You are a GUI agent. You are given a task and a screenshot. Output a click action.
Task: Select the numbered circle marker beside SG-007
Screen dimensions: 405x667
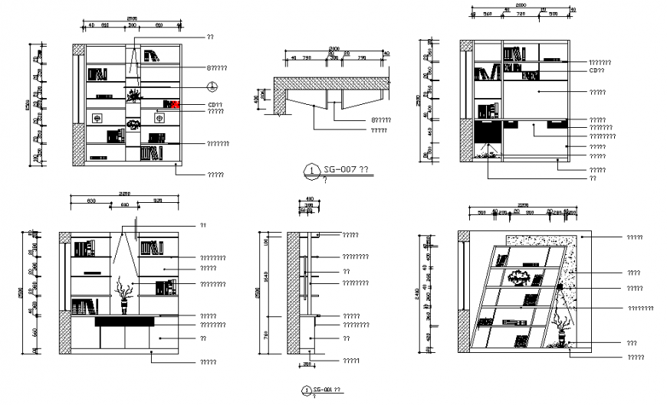pos(310,170)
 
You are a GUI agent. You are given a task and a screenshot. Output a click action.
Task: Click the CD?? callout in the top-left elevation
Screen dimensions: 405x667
pos(215,105)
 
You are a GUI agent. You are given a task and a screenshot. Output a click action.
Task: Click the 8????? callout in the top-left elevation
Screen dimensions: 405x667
pos(216,68)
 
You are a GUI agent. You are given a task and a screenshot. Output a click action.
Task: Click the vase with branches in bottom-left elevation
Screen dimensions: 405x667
pos(123,295)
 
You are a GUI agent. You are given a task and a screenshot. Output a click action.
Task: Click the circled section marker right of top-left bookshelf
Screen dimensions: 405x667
pos(214,86)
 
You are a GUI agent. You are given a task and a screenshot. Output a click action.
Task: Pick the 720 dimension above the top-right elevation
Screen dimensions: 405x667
pos(520,14)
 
